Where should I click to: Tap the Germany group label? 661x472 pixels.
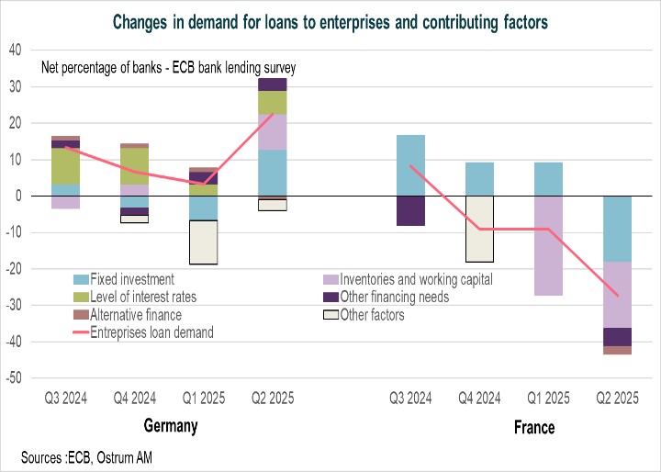[171, 427]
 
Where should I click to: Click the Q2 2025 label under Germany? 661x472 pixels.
[272, 399]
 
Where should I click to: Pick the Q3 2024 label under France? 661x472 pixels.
[410, 399]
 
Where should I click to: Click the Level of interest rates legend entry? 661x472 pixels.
[145, 298]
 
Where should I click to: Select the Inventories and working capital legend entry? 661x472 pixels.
[417, 279]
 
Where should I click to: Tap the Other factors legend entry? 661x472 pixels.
[372, 315]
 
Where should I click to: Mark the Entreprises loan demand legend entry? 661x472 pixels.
[152, 332]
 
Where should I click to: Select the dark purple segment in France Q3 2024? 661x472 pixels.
[410, 210]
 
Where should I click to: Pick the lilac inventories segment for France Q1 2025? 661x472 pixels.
[549, 245]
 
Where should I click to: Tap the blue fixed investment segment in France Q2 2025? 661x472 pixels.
[618, 229]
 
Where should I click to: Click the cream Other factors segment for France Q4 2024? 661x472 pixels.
[479, 229]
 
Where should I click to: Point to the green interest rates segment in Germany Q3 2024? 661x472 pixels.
[64, 166]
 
